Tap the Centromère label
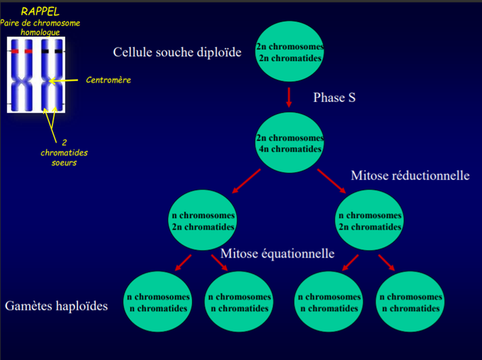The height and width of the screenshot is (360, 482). coord(108,80)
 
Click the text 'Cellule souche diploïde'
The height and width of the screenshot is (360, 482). coord(177,52)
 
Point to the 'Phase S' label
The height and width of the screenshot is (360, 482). coord(334,98)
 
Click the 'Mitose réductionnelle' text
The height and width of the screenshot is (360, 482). coord(410,176)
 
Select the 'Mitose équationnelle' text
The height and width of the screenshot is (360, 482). coord(277,253)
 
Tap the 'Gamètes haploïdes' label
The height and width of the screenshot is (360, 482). coord(56,306)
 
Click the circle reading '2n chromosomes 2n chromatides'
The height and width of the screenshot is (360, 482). coord(290,52)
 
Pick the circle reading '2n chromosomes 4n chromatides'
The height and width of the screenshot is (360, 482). coord(290,143)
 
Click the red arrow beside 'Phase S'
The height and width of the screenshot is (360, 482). coord(289,97)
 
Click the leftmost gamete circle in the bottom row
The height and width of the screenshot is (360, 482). coord(158,302)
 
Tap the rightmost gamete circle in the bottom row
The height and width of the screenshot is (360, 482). coord(410,302)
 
